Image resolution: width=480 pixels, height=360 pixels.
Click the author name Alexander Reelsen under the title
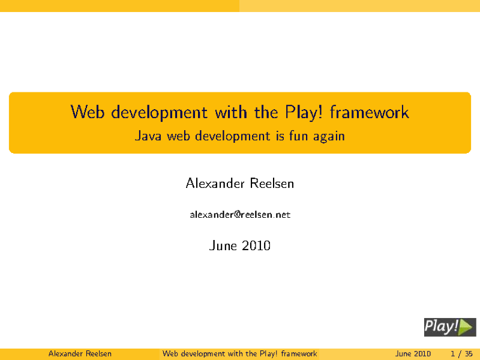coord(240,184)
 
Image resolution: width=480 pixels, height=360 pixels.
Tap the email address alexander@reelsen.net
coord(240,215)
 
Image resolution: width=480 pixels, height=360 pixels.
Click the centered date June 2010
coord(240,245)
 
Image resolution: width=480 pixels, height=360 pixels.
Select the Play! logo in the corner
coord(449,326)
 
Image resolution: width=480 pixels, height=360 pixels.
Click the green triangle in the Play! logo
coord(467,326)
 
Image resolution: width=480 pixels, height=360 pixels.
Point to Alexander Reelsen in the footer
coord(80,353)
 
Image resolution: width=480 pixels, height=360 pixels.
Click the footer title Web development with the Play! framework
coord(239,353)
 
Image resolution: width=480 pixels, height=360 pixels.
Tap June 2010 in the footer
coord(413,353)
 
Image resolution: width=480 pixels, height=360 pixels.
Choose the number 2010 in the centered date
coord(256,245)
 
